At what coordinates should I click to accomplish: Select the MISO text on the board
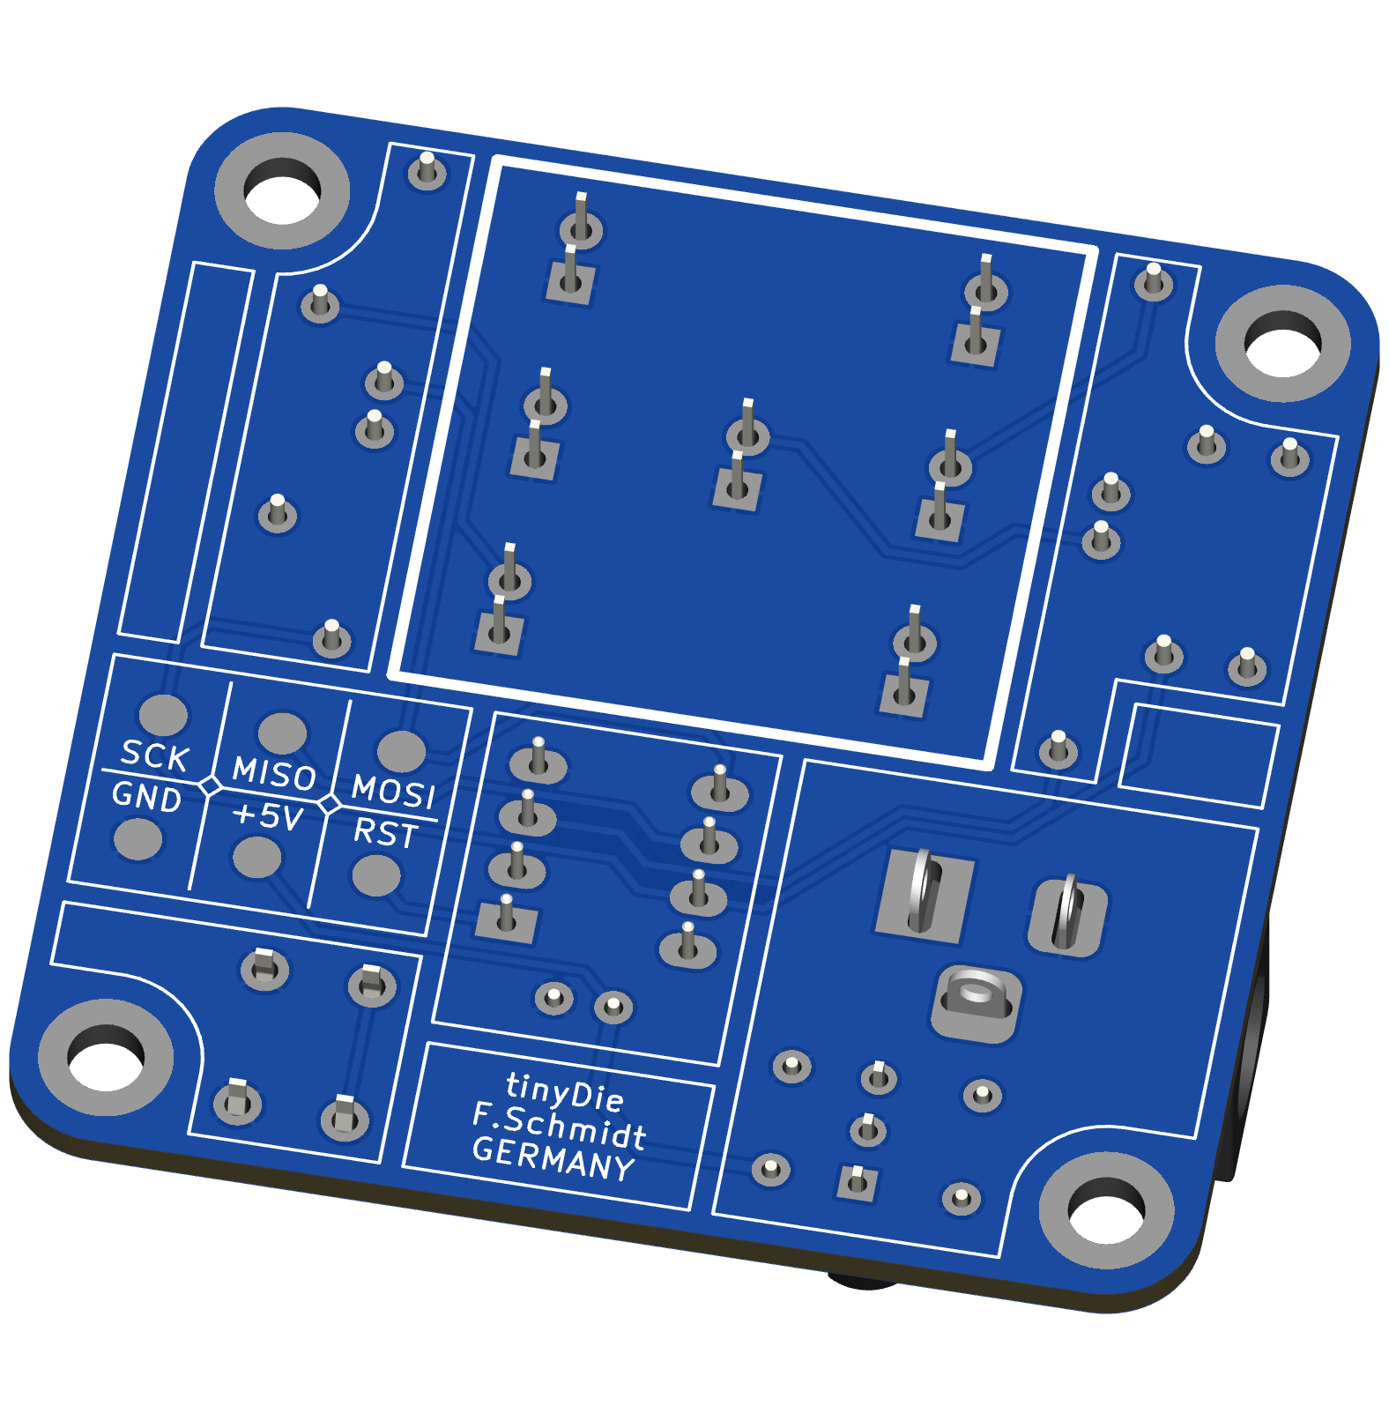coord(274,773)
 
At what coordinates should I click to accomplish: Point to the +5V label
coord(268,815)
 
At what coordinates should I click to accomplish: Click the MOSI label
coord(394,792)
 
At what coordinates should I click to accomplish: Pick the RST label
coord(385,832)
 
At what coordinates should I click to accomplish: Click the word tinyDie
coord(565,1091)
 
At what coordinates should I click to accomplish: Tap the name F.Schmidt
coord(559,1126)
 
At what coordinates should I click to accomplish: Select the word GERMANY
coord(553,1158)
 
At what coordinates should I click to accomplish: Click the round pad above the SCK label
coord(164,714)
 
